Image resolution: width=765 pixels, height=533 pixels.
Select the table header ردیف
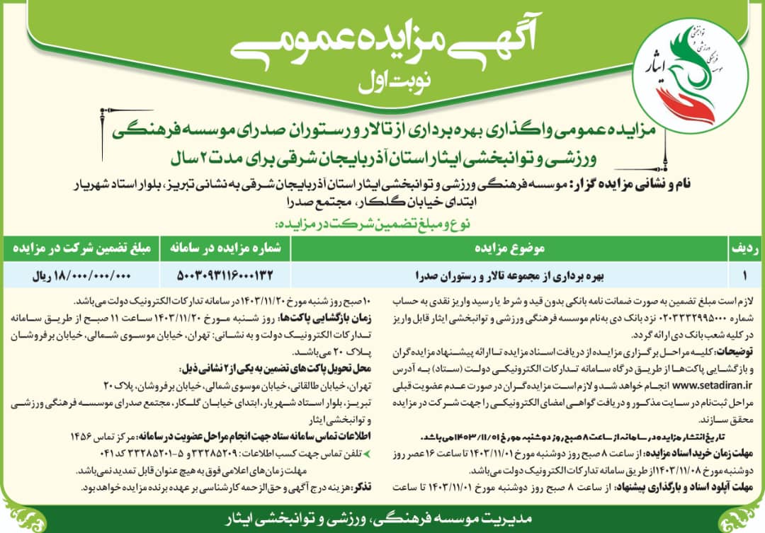click(x=745, y=249)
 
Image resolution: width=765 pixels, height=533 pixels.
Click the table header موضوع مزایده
click(x=511, y=249)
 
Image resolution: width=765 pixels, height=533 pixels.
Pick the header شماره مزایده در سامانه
click(x=225, y=249)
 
